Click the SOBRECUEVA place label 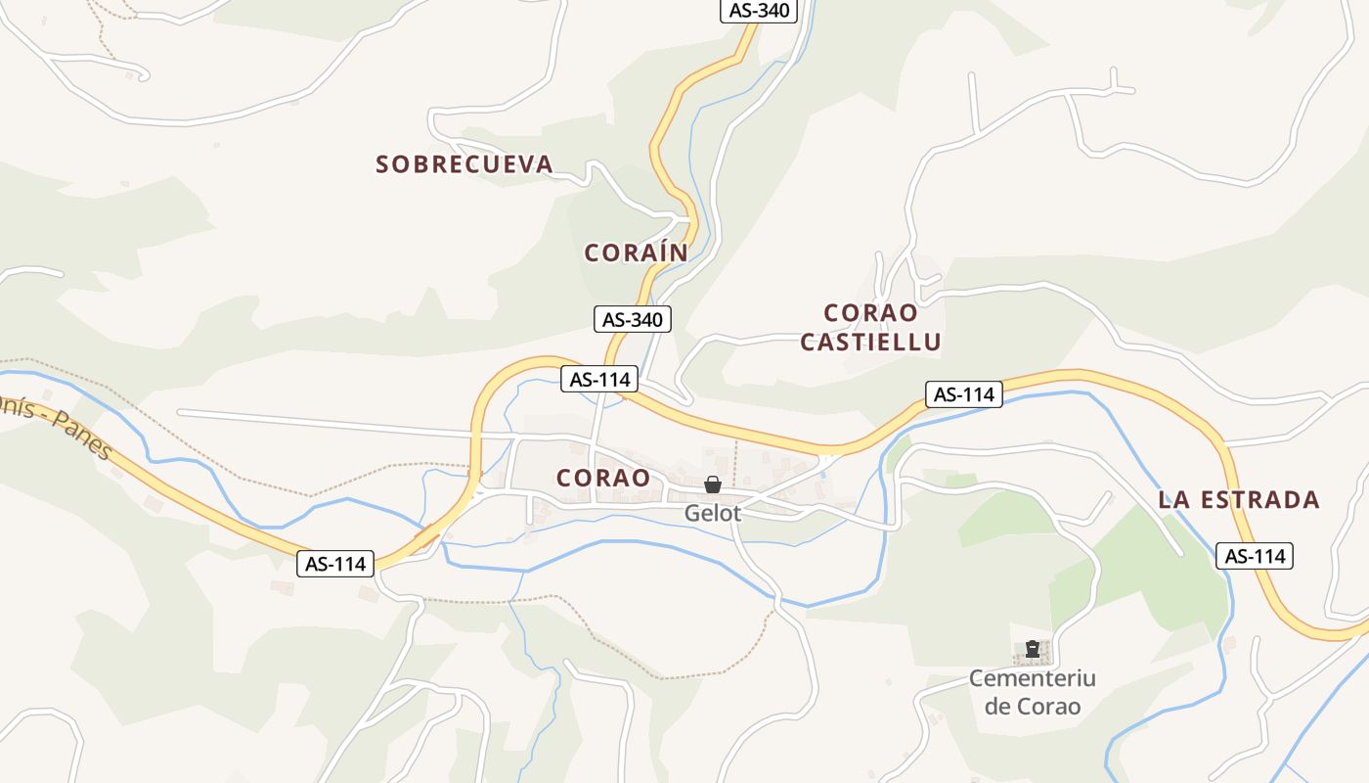pyautogui.click(x=464, y=164)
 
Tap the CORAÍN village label pyautogui.click(x=637, y=253)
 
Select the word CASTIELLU pyautogui.click(x=870, y=343)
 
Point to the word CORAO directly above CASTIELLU pyautogui.click(x=870, y=313)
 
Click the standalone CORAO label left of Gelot pyautogui.click(x=603, y=478)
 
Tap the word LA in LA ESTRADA pyautogui.click(x=1173, y=500)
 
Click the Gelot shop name pyautogui.click(x=713, y=513)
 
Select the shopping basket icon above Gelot pyautogui.click(x=713, y=485)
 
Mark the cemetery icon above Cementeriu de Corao pyautogui.click(x=1032, y=649)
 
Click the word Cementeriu pyautogui.click(x=1032, y=678)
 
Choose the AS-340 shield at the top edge pyautogui.click(x=759, y=11)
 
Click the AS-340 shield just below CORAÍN pyautogui.click(x=633, y=319)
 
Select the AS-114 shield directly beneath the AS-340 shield pyautogui.click(x=599, y=379)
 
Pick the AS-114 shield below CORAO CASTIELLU pyautogui.click(x=964, y=394)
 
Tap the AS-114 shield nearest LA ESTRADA pyautogui.click(x=1255, y=556)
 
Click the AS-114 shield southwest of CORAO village pyautogui.click(x=335, y=563)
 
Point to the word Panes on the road pyautogui.click(x=83, y=442)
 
